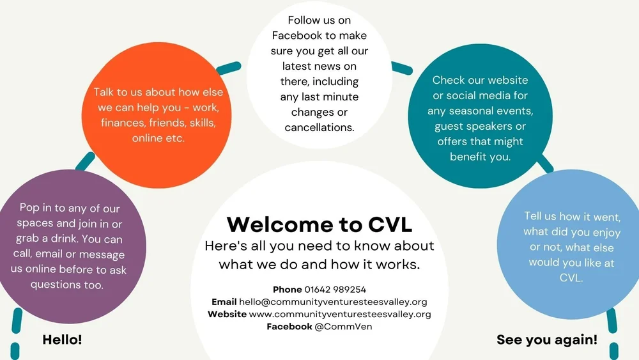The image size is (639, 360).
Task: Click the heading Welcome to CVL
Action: click(x=319, y=224)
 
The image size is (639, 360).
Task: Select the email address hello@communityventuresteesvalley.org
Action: click(x=333, y=302)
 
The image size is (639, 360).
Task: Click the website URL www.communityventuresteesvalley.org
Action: click(x=340, y=314)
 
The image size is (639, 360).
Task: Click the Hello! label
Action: click(x=62, y=340)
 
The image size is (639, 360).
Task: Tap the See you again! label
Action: click(x=547, y=340)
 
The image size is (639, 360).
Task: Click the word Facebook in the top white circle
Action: click(x=297, y=35)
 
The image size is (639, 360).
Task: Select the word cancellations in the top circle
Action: click(x=319, y=127)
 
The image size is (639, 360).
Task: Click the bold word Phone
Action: click(x=287, y=290)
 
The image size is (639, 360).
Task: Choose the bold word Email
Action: click(x=224, y=302)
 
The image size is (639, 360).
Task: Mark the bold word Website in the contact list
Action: click(x=227, y=314)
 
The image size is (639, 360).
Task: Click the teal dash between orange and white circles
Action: click(x=228, y=67)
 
